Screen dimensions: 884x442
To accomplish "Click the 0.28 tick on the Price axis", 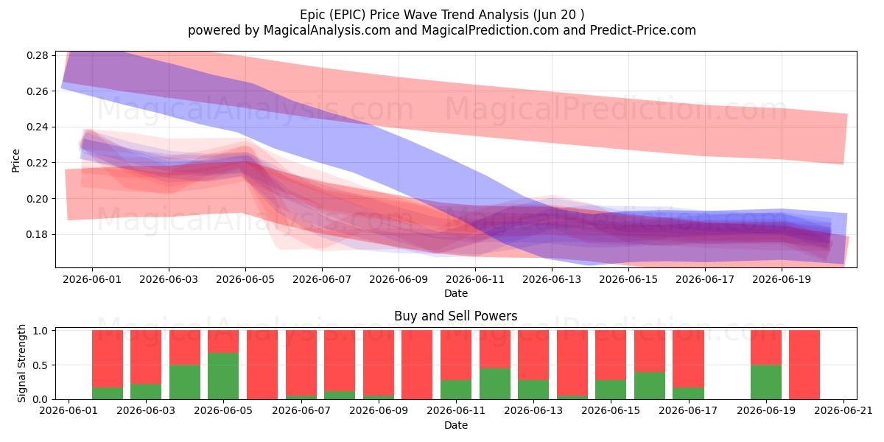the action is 38,55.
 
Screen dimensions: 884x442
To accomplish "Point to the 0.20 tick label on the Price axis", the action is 38,199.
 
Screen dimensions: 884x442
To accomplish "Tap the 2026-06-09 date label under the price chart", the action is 399,279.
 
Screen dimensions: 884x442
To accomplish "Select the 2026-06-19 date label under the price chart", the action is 782,279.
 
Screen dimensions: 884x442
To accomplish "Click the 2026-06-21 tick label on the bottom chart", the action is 843,411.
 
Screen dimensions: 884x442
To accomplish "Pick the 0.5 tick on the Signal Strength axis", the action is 41,365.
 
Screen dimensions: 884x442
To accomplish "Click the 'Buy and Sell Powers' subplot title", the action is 456,316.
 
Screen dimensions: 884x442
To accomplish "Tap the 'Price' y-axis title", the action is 15,161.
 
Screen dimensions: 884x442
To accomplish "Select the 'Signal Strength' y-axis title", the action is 21,363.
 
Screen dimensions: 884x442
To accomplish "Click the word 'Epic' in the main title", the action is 312,15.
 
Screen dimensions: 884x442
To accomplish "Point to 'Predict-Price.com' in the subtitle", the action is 643,30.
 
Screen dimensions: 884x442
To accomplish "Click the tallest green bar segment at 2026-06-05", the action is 223,376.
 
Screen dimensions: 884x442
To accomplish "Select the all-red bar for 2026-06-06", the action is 262,365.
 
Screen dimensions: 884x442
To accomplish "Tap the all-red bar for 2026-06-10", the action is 417,365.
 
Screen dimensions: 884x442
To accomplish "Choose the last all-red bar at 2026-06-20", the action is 804,365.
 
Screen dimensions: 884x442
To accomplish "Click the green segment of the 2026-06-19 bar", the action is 766,382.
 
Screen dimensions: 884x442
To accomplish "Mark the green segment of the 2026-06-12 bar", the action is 495,384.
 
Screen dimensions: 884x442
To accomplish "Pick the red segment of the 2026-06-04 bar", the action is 185,347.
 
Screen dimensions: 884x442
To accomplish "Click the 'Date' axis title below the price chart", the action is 456,294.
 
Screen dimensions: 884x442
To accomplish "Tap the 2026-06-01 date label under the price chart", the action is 92,279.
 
